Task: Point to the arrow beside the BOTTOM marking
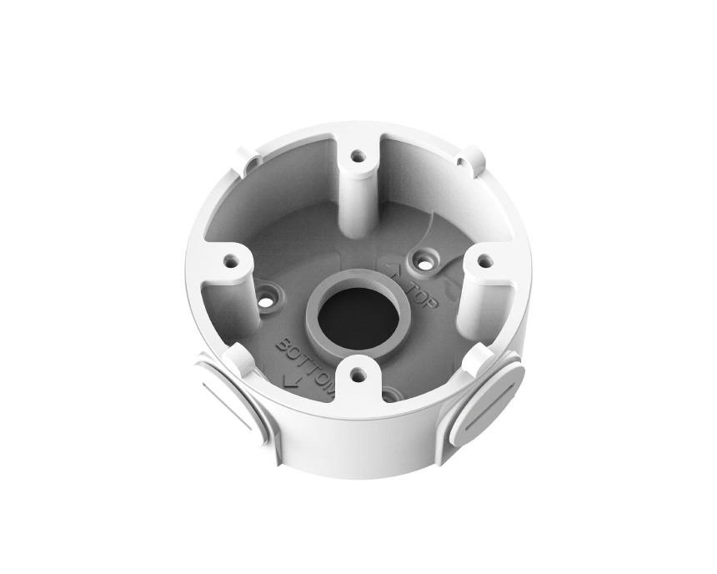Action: pyautogui.click(x=289, y=380)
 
